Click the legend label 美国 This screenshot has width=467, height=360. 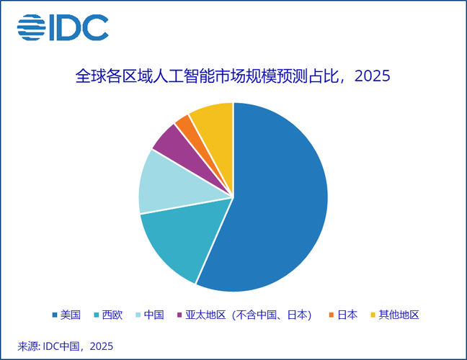pos(70,315)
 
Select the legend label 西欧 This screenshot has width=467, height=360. pos(112,315)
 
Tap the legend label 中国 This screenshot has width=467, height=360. pos(154,315)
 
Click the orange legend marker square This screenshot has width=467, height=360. pos(332,315)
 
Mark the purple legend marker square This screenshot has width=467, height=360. pos(179,315)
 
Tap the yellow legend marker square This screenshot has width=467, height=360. pos(373,315)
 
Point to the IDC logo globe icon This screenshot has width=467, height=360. pos(30,27)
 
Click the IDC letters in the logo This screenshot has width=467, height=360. pos(78,27)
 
